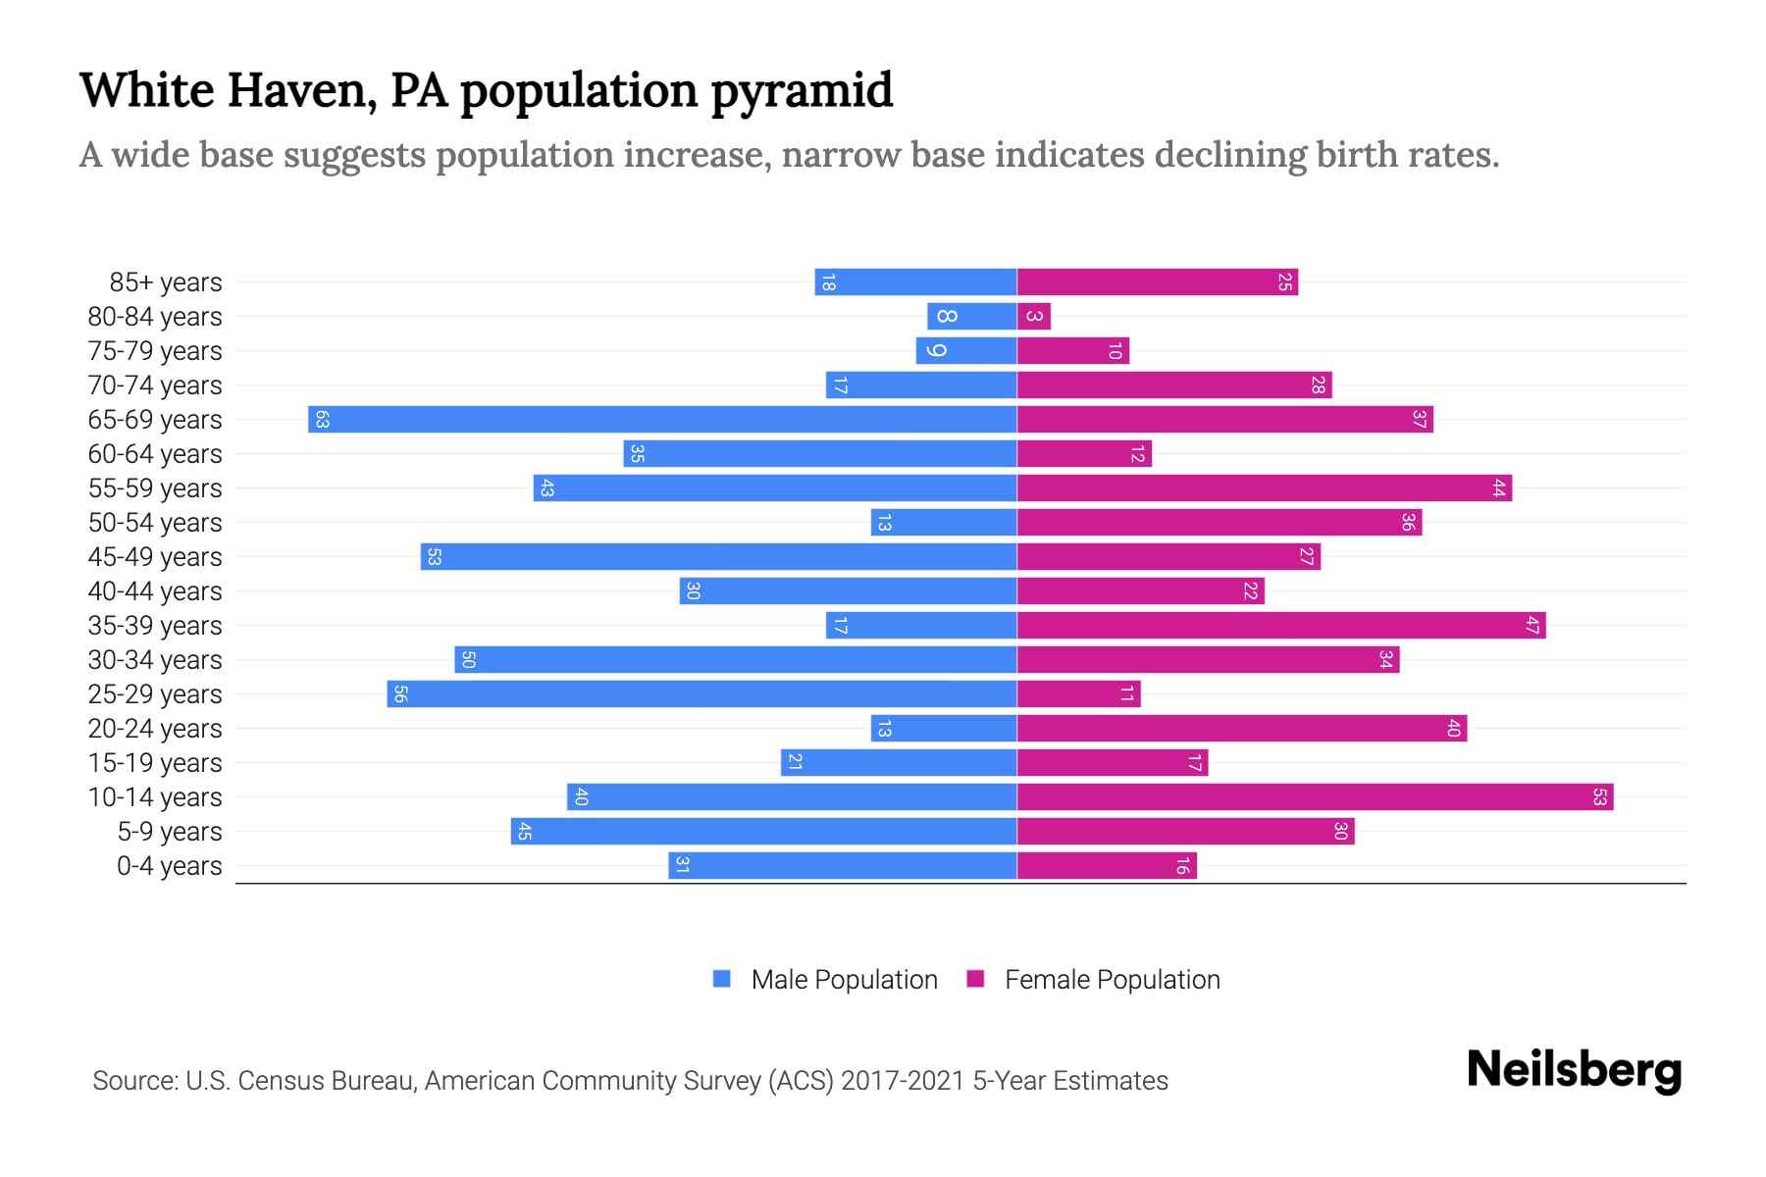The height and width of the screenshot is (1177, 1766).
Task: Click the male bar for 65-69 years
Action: (x=662, y=420)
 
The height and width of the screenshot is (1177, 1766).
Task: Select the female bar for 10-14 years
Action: (x=1315, y=797)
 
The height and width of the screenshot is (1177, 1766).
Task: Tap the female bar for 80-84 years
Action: (x=1034, y=317)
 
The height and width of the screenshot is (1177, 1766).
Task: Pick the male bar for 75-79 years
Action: (x=966, y=351)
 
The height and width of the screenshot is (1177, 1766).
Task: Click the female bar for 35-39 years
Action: (x=1281, y=626)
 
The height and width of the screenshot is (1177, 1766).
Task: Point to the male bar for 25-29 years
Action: (x=701, y=694)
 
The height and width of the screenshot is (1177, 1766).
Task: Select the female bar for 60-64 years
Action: (x=1084, y=454)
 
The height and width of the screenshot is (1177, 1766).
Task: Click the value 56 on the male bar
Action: (x=400, y=694)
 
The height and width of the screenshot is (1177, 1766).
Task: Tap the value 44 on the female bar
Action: (x=1498, y=488)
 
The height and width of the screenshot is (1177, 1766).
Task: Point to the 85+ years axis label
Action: (x=166, y=282)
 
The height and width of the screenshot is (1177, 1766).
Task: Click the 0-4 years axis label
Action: (x=169, y=866)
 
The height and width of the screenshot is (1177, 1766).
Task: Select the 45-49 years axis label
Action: (x=155, y=557)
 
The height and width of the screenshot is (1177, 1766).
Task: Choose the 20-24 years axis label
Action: (x=155, y=729)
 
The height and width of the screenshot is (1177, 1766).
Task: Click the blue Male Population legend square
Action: (x=722, y=979)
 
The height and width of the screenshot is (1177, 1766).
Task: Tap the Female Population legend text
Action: (x=1112, y=980)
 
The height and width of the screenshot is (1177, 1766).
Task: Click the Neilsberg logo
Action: (x=1574, y=1070)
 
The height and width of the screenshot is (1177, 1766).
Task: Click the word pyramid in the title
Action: (x=802, y=91)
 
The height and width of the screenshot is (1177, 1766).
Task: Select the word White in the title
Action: (x=146, y=89)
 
